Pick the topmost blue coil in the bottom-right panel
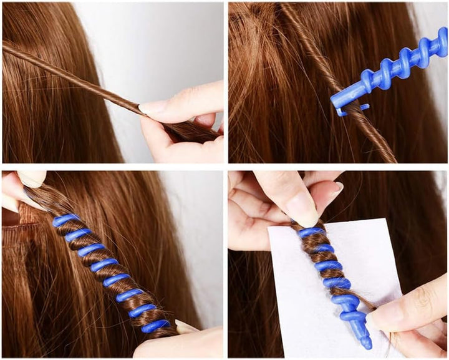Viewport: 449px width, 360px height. coord(310,233)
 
